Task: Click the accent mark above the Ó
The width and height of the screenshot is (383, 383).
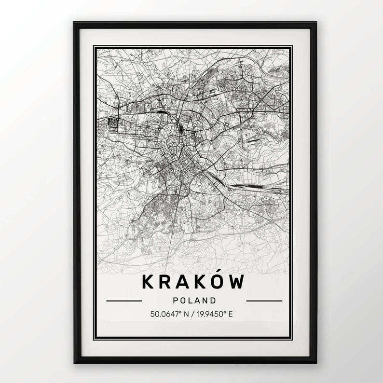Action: click(x=220, y=273)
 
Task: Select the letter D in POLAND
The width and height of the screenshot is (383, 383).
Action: click(x=211, y=301)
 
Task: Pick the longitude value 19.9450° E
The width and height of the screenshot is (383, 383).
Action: click(x=215, y=315)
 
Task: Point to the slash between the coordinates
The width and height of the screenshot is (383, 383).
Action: click(x=192, y=315)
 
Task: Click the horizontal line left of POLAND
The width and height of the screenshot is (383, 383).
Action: click(x=124, y=301)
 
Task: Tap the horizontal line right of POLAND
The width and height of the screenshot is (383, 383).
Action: click(x=264, y=301)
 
